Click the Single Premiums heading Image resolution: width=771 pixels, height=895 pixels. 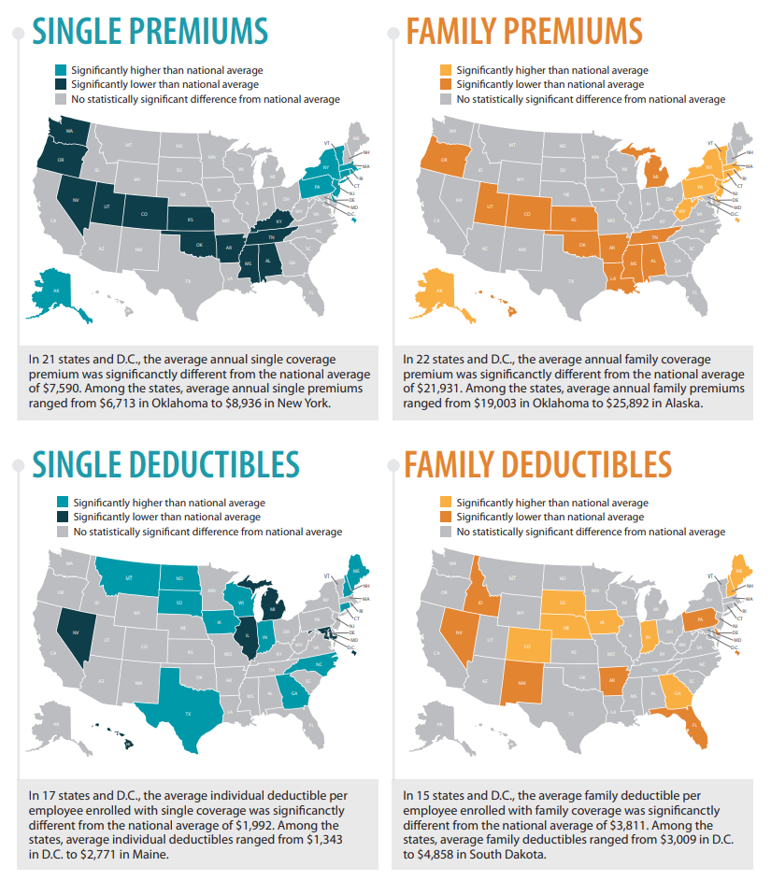point(150,30)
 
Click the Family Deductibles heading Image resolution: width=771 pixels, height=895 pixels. point(537,464)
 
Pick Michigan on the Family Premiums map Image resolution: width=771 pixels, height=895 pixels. point(655,175)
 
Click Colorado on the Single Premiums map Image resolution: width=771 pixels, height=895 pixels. point(144,213)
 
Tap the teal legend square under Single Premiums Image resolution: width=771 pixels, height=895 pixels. point(61,70)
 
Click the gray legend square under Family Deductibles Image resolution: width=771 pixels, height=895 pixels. point(446,532)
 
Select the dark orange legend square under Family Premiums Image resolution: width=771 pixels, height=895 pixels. point(446,84)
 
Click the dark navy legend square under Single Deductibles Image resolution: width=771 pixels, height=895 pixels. point(61,517)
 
